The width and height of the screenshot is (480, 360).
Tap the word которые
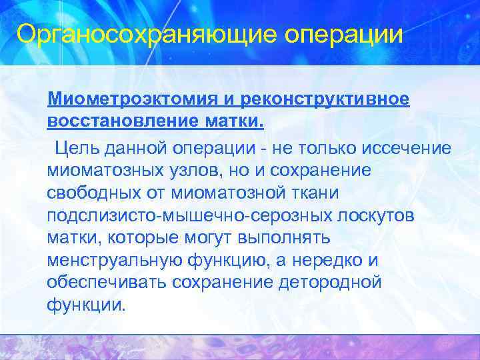point(142,238)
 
